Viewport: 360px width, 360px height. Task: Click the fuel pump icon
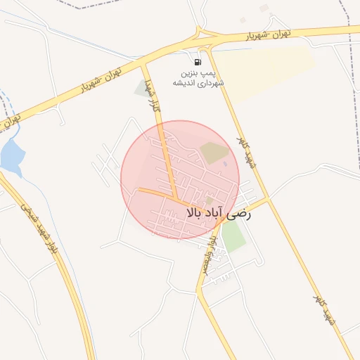(198, 62)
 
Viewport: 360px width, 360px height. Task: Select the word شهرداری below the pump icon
(211, 83)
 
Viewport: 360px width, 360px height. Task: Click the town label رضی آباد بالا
(217, 211)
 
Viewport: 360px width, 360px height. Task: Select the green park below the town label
(233, 238)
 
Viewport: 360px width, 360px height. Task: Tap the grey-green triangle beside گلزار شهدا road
(139, 89)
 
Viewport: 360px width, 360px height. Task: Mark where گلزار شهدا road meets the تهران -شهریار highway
(144, 65)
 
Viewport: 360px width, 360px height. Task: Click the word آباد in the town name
(214, 211)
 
